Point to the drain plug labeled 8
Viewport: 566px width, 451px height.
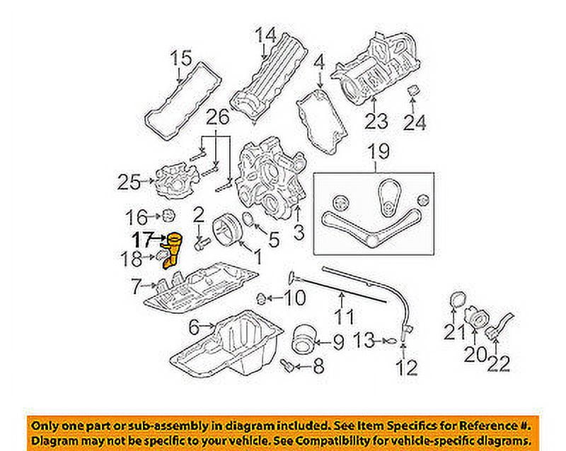coord(287,365)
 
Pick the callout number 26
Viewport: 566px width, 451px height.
coord(219,116)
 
